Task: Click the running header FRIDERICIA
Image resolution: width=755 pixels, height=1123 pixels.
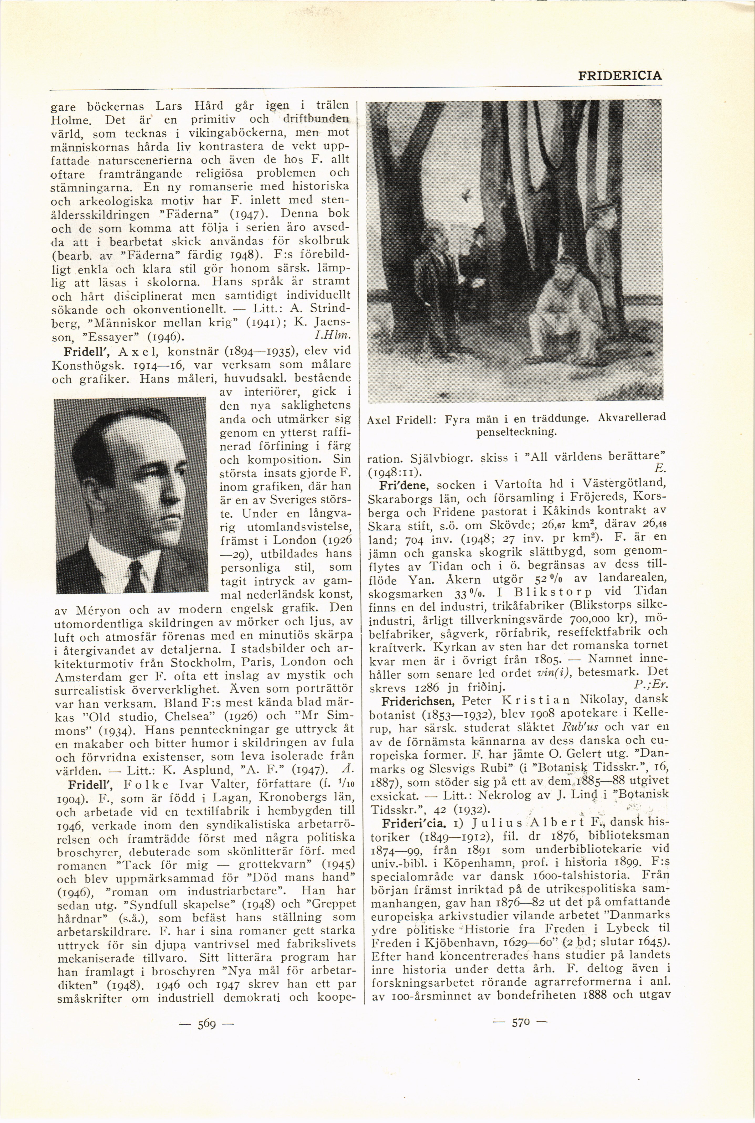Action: click(620, 76)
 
